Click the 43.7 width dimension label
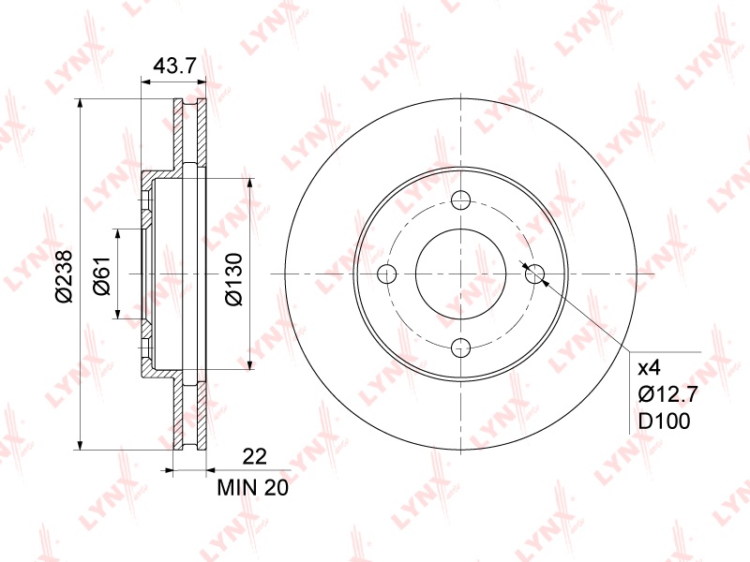174,66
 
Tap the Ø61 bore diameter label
102,275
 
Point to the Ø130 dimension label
233,279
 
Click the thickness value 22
254,457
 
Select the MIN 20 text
253,487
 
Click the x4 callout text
650,368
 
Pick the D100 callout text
665,421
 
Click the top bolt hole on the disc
461,200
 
